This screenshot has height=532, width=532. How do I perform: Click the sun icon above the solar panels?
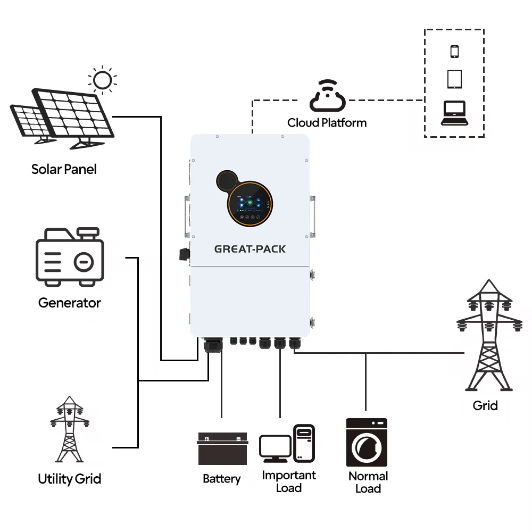coord(102,80)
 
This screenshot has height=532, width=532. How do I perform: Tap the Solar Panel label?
coord(64,169)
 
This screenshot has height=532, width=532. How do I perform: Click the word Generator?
coord(69,303)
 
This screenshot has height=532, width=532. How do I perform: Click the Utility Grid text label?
coord(69,478)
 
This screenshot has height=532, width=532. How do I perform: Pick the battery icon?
coord(223,449)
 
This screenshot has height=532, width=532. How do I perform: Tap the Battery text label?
coord(222,479)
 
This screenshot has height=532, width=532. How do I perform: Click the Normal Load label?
coord(368,482)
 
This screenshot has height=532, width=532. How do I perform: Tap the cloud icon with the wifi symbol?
coord(327,95)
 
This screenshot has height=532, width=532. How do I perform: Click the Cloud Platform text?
coord(327,123)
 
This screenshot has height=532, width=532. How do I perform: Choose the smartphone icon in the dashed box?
coord(454,52)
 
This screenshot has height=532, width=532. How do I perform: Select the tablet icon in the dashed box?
coord(454,79)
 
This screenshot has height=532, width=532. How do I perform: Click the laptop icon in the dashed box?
coord(454,113)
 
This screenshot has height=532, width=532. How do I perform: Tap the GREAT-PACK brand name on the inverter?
coord(250,249)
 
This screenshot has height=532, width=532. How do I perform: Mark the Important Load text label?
coord(289,481)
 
